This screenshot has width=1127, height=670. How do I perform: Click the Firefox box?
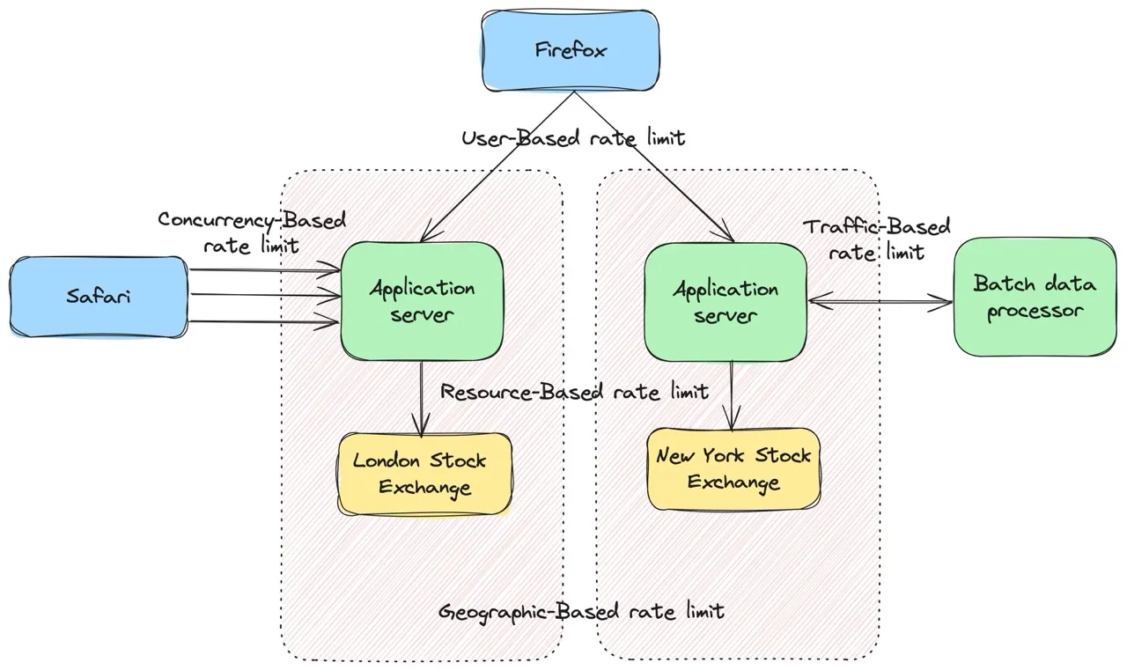[571, 49]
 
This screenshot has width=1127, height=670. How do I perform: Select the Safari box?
[99, 296]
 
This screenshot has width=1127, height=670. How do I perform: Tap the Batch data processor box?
[1035, 297]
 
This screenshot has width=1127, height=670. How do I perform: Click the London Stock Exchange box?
[424, 473]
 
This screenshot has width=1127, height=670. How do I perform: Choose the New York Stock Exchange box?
[733, 468]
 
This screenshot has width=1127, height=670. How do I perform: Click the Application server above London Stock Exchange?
[422, 300]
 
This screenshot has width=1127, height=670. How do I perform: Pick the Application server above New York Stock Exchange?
[726, 301]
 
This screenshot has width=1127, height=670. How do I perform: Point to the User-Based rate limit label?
[573, 138]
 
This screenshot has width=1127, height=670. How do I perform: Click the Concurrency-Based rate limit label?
[252, 232]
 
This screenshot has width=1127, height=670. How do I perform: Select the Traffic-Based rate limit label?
[877, 239]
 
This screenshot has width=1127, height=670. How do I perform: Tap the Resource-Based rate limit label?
[574, 391]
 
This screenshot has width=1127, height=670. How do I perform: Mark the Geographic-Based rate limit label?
[581, 610]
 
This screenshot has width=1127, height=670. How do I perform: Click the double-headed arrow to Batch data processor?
[880, 304]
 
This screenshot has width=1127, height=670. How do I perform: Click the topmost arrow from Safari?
[264, 272]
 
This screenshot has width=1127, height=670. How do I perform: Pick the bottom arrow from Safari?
[264, 322]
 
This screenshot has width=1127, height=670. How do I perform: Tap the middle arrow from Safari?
[264, 296]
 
